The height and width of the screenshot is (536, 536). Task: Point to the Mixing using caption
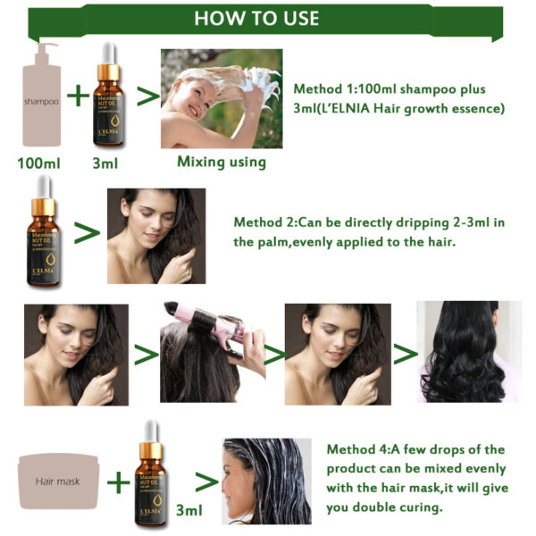pos(221,162)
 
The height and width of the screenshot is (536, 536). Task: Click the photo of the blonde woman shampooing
pos(221,98)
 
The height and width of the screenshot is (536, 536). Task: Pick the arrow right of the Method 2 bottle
pos(86,233)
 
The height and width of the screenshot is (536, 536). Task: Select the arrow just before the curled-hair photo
pos(405,354)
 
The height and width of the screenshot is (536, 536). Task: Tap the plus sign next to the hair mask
pos(118,482)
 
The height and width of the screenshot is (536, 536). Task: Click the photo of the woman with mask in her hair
pos(266,481)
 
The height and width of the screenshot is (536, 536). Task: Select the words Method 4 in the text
pos(358,449)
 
